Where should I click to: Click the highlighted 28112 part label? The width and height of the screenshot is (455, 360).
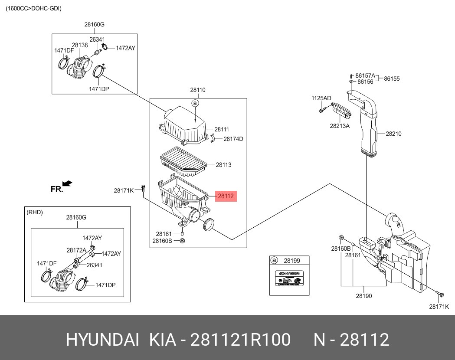coord(226,196)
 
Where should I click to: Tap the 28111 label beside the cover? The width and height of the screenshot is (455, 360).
coord(222,129)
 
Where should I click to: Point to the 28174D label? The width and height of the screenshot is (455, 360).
coord(233,139)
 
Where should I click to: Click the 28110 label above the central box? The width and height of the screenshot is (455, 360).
coord(197,90)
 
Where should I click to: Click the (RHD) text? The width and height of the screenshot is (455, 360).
coord(35,212)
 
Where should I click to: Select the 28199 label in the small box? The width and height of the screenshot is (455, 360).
coord(292,261)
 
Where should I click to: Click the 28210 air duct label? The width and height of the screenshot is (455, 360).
coord(393,134)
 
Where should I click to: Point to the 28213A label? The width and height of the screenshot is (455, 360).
coord(339,126)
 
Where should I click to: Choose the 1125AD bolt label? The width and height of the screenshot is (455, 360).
coord(321,98)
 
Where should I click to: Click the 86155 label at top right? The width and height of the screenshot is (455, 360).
coord(392,79)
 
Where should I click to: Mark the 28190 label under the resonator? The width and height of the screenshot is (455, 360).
coord(363,296)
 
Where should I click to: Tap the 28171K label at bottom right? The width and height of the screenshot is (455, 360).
coord(439,306)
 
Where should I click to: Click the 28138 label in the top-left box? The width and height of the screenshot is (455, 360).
coord(80,45)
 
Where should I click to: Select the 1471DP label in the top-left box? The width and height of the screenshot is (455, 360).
coord(99,89)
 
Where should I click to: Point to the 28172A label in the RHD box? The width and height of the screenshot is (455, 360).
coord(76,250)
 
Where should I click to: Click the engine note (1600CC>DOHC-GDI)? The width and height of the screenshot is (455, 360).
coord(34,8)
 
